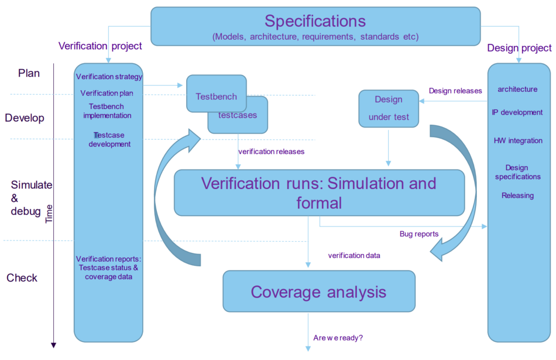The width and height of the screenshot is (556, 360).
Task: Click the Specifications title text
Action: (x=315, y=21)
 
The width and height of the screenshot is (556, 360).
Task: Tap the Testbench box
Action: (x=216, y=93)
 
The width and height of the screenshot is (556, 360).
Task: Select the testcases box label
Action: (x=238, y=115)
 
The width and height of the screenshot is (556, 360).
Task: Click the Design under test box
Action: (x=389, y=109)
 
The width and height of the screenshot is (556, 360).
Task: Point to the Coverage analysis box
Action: (x=319, y=291)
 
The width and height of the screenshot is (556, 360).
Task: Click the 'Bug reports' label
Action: (x=419, y=234)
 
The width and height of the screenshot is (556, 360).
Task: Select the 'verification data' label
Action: (x=354, y=255)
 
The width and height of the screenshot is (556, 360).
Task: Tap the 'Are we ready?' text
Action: (x=338, y=338)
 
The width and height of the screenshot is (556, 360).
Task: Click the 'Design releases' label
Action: (x=456, y=91)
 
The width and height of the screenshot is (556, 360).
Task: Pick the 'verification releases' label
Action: (x=271, y=152)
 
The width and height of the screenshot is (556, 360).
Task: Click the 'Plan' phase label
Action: (x=29, y=73)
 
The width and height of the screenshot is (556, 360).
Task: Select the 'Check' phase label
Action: (x=22, y=277)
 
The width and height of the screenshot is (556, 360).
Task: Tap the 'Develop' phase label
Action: (x=24, y=118)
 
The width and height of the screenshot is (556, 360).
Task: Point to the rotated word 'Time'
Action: (x=49, y=213)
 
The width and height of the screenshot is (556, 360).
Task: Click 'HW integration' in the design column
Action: (x=518, y=141)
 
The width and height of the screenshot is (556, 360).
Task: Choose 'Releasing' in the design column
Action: (x=517, y=195)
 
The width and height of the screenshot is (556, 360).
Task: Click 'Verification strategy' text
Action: (x=109, y=77)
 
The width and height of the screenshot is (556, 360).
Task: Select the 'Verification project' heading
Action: (x=100, y=46)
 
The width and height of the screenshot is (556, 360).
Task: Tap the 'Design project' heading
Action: (x=519, y=48)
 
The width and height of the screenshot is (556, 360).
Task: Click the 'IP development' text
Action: (x=517, y=112)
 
